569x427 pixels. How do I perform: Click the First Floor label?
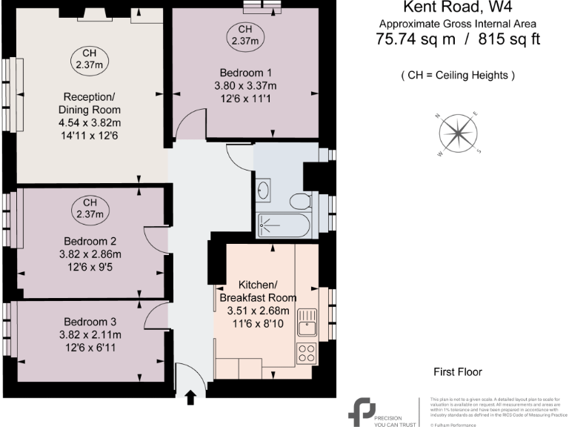459,371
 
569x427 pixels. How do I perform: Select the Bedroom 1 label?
247,73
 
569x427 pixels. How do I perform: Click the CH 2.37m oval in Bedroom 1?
244,35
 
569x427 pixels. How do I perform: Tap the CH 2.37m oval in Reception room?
90,59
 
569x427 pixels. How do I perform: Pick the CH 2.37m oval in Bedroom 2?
90,208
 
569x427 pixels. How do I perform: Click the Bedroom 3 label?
90,322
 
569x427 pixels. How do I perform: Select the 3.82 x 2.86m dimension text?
90,254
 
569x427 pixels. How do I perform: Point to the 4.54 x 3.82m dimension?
90,123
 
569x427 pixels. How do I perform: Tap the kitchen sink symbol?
307,324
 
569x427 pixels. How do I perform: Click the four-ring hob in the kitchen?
307,354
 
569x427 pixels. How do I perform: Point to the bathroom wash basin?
265,193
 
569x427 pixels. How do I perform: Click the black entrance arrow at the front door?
190,398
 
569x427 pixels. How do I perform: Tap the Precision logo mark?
364,412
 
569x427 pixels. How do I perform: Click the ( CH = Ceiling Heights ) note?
457,76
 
